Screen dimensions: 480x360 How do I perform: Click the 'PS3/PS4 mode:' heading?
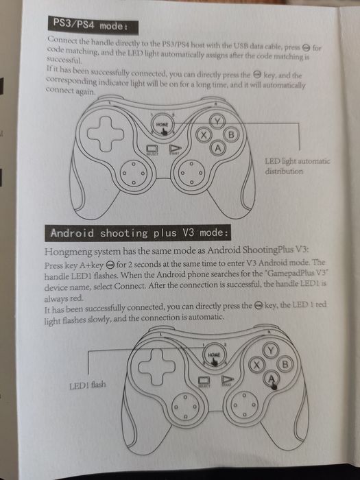click(x=94, y=26)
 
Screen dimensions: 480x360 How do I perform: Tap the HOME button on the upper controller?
click(x=162, y=124)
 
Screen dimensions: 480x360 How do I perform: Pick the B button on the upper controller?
click(x=231, y=134)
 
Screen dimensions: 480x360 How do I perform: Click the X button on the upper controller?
click(x=203, y=135)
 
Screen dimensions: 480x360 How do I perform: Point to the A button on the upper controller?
click(x=217, y=148)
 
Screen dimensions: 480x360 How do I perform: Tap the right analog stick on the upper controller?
click(x=189, y=176)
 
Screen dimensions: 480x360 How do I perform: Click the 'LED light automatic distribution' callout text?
click(x=296, y=166)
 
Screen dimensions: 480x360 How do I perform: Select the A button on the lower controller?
click(x=272, y=378)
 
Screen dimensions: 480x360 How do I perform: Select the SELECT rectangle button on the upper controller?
click(x=152, y=149)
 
